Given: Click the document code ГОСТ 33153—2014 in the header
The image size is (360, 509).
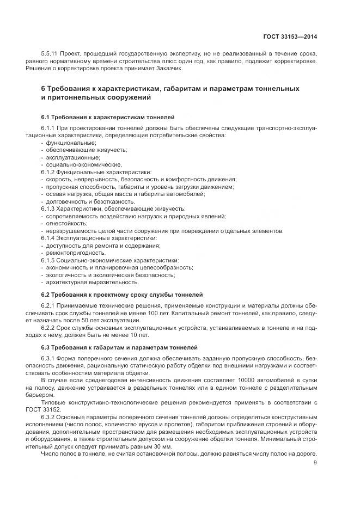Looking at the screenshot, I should pos(290,37).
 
